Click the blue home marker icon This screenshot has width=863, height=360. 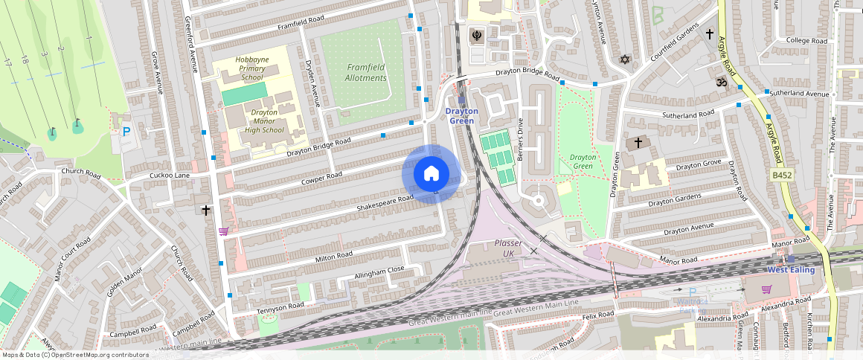(x=431, y=174)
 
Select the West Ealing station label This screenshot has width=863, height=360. (x=791, y=269)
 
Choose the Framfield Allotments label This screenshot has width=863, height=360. (x=366, y=72)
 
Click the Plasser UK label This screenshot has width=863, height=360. (x=509, y=248)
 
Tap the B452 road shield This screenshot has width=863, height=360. (x=780, y=174)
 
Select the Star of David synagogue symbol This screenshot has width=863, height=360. (x=625, y=59)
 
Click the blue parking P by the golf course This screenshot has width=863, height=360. (x=126, y=132)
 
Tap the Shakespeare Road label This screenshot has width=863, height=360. (x=385, y=202)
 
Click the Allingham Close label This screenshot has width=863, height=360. (x=379, y=271)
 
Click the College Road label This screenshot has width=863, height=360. (x=806, y=40)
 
